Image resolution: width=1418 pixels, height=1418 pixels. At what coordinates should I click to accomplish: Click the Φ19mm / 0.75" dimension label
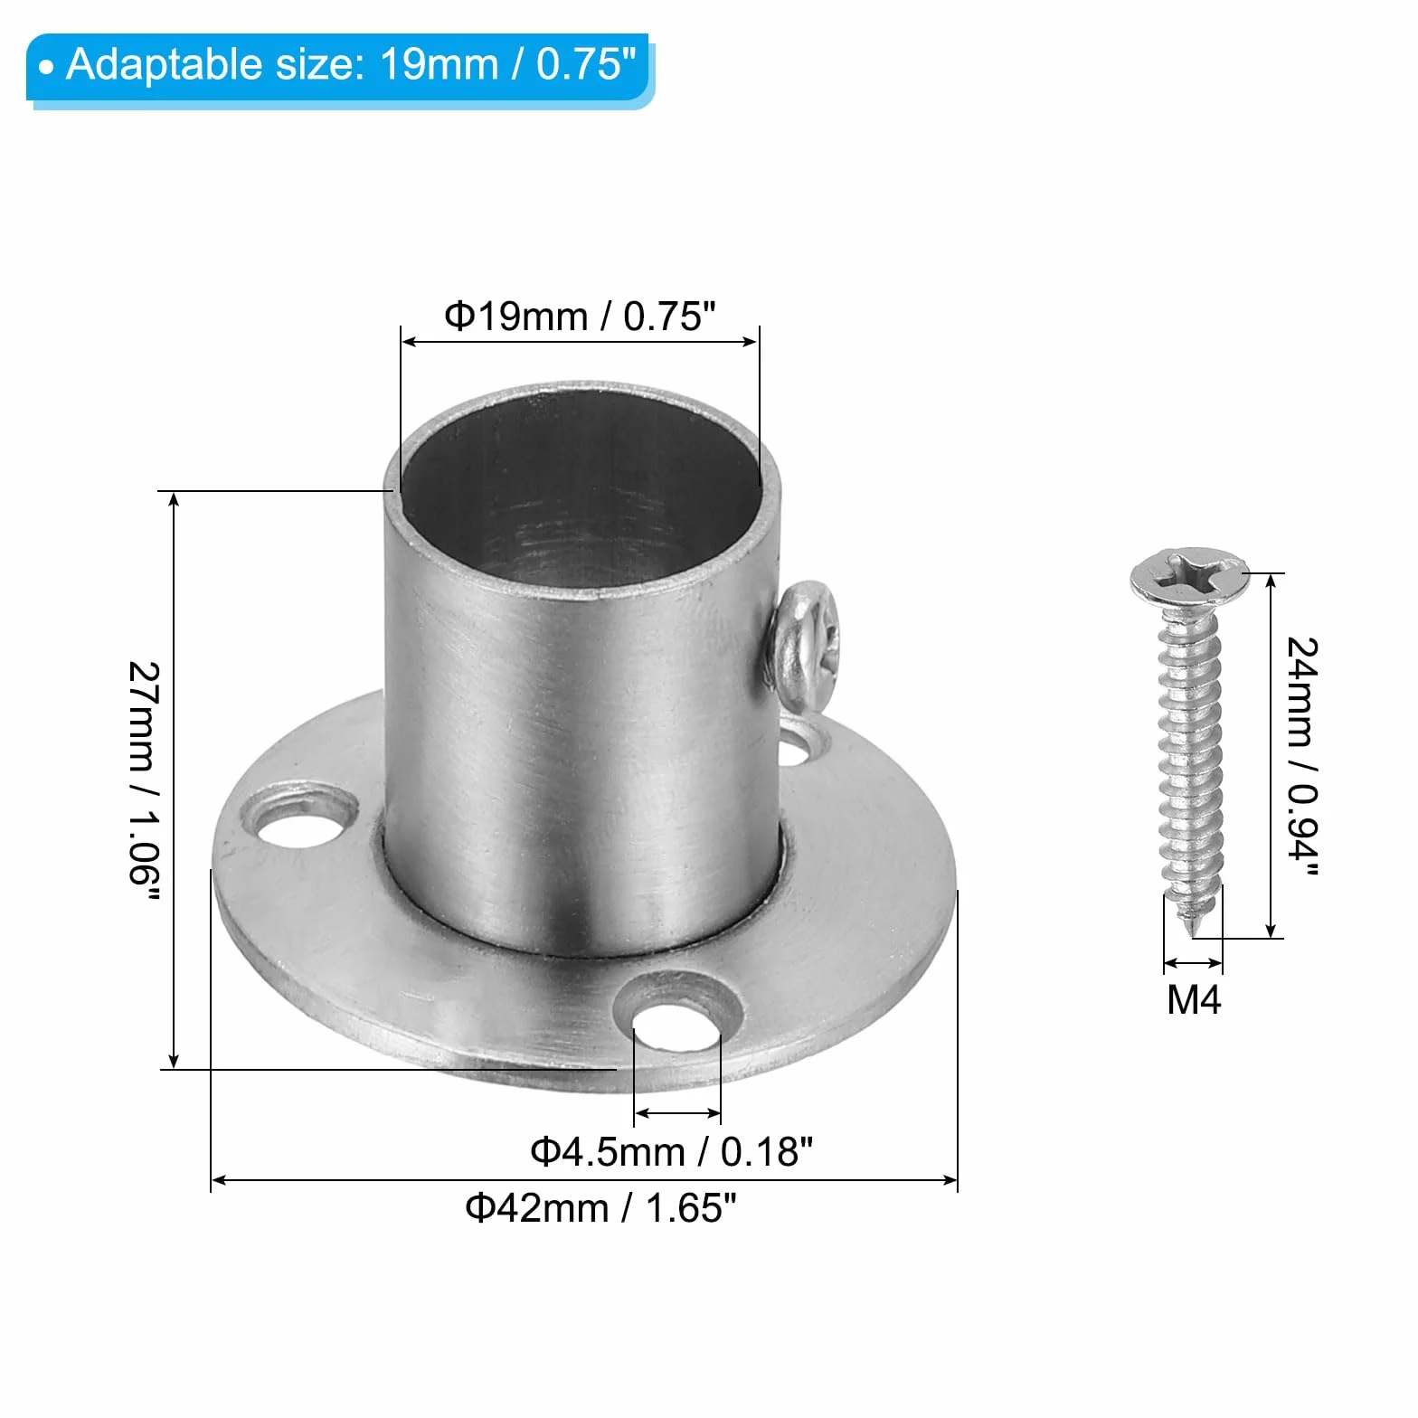click(x=580, y=317)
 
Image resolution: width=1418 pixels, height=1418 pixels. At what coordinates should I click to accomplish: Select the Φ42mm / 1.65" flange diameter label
click(x=600, y=1207)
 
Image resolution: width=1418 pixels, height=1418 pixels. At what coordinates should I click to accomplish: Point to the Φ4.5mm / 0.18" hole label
click(x=672, y=1152)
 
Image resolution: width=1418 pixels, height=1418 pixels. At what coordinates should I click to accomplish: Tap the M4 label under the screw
click(x=1194, y=1000)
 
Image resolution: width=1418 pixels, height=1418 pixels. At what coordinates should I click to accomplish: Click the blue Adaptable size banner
click(x=340, y=69)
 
